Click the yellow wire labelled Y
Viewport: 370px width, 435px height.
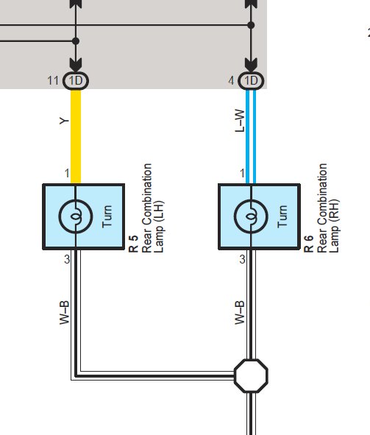click(x=76, y=136)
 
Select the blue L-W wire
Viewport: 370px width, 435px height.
click(x=251, y=136)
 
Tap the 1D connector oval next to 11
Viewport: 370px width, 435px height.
click(x=76, y=81)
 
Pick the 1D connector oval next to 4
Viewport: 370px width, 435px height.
click(x=251, y=81)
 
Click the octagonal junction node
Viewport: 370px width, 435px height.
click(x=251, y=375)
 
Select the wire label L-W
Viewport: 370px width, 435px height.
click(x=240, y=121)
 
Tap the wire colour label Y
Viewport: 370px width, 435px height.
click(x=64, y=121)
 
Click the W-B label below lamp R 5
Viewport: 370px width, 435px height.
click(x=64, y=312)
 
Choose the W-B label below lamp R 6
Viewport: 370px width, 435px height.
click(x=240, y=312)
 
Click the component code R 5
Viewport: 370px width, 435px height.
click(x=133, y=244)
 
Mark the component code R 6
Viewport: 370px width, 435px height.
click(x=308, y=244)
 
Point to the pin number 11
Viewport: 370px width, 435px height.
click(x=53, y=81)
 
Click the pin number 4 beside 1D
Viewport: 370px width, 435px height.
click(x=231, y=81)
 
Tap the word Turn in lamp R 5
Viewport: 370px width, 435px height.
click(x=107, y=216)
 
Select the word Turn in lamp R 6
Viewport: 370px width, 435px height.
click(x=282, y=216)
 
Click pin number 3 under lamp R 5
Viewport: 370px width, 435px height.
click(x=67, y=259)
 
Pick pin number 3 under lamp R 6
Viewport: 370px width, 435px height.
click(x=243, y=259)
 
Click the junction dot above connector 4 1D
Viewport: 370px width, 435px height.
click(x=251, y=25)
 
